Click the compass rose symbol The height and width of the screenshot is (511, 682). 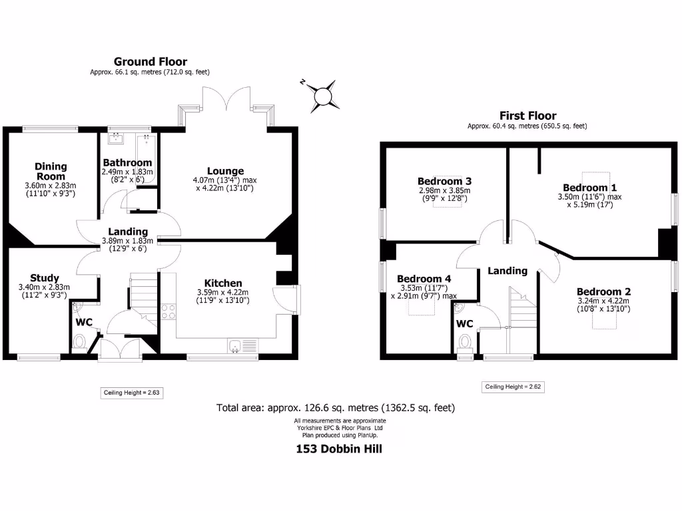pyautogui.click(x=322, y=94)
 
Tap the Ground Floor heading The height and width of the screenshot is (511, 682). pyautogui.click(x=151, y=62)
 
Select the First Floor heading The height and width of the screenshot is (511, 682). pyautogui.click(x=527, y=116)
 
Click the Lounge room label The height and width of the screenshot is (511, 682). pyautogui.click(x=226, y=171)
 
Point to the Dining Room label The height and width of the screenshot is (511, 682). pyautogui.click(x=51, y=171)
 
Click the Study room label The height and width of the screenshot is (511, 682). pyautogui.click(x=45, y=278)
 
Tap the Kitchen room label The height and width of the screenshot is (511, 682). pyautogui.click(x=223, y=283)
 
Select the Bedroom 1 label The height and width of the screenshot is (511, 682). pyautogui.click(x=585, y=188)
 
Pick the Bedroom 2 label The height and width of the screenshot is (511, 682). pyautogui.click(x=603, y=291)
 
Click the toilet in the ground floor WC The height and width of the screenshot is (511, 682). pyautogui.click(x=79, y=342)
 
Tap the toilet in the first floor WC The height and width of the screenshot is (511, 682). pyautogui.click(x=464, y=342)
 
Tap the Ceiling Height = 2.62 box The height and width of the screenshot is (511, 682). pyautogui.click(x=513, y=387)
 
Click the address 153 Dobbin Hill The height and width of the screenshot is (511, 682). pyautogui.click(x=339, y=448)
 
